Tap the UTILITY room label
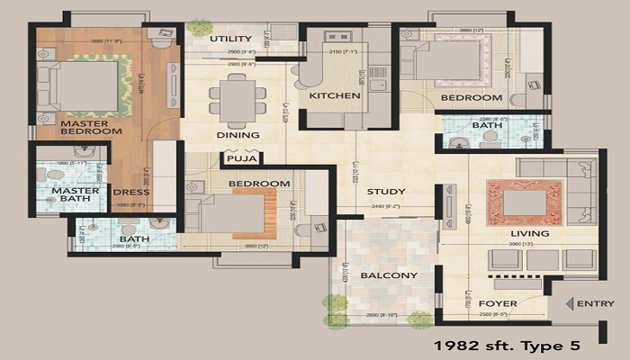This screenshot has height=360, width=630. click(x=230, y=39)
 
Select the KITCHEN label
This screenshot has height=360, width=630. click(x=328, y=95)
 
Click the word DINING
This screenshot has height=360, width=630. click(x=238, y=135)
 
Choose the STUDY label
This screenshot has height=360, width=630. click(x=385, y=192)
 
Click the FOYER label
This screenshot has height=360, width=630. click(x=497, y=304)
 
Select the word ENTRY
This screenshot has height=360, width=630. click(x=596, y=304)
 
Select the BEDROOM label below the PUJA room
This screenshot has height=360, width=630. click(x=259, y=184)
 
